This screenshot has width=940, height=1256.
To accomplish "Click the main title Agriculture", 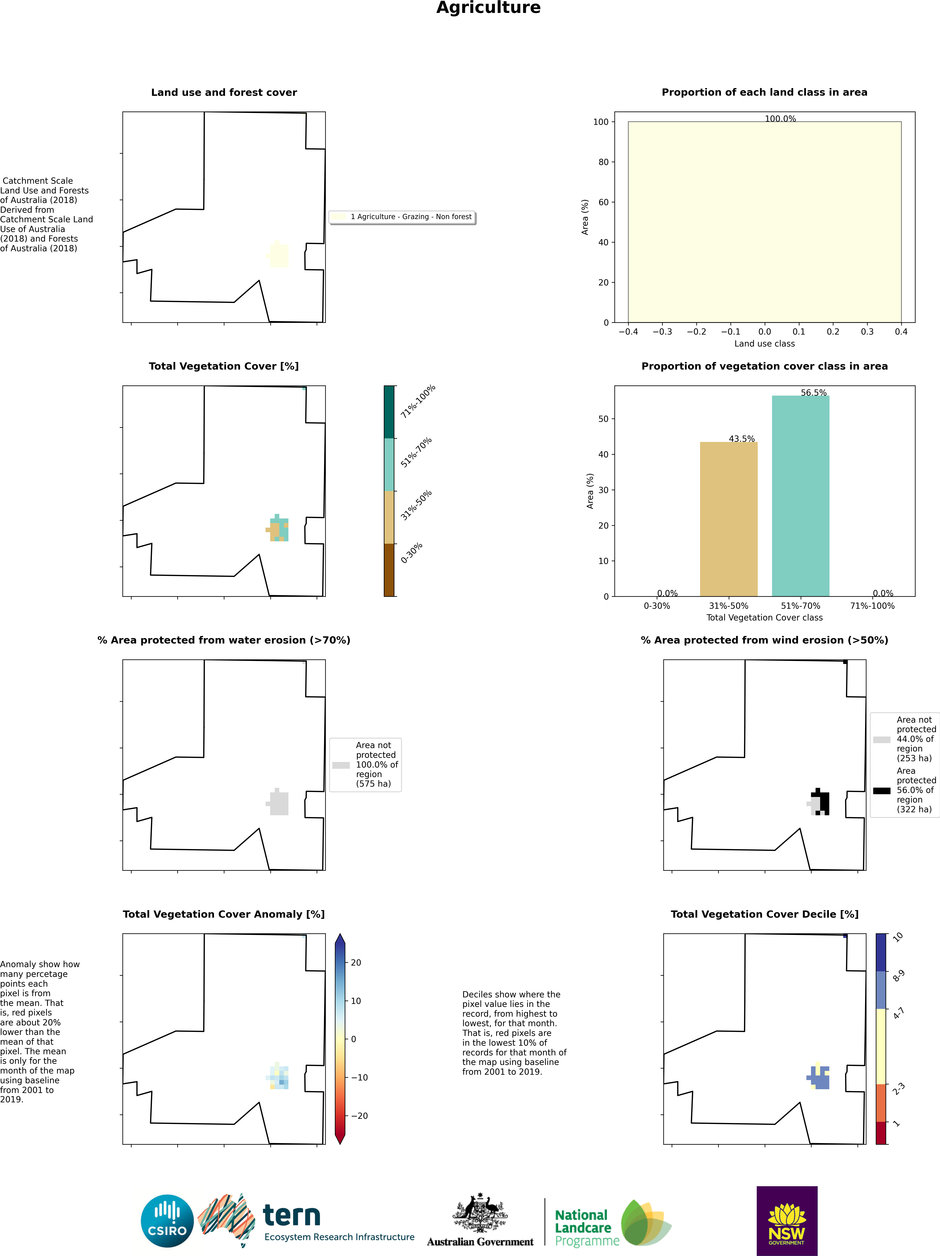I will point(488,8).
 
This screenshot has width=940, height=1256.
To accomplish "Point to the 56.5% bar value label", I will point(813,392).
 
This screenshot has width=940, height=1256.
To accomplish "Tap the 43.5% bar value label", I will point(741,439).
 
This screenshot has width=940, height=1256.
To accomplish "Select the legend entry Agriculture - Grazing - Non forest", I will point(410,217).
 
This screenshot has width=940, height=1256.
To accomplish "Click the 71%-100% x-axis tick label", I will point(872,606).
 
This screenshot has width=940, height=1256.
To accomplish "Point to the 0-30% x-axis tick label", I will point(657,606).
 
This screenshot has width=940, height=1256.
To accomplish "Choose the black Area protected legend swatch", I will point(882,790).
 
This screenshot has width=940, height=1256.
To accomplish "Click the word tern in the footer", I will point(292,1216).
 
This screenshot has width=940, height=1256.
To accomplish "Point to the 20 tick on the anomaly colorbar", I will point(356,962).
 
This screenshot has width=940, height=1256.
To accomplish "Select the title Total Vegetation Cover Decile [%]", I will point(764,914).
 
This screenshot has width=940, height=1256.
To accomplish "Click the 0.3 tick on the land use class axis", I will point(867,332).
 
